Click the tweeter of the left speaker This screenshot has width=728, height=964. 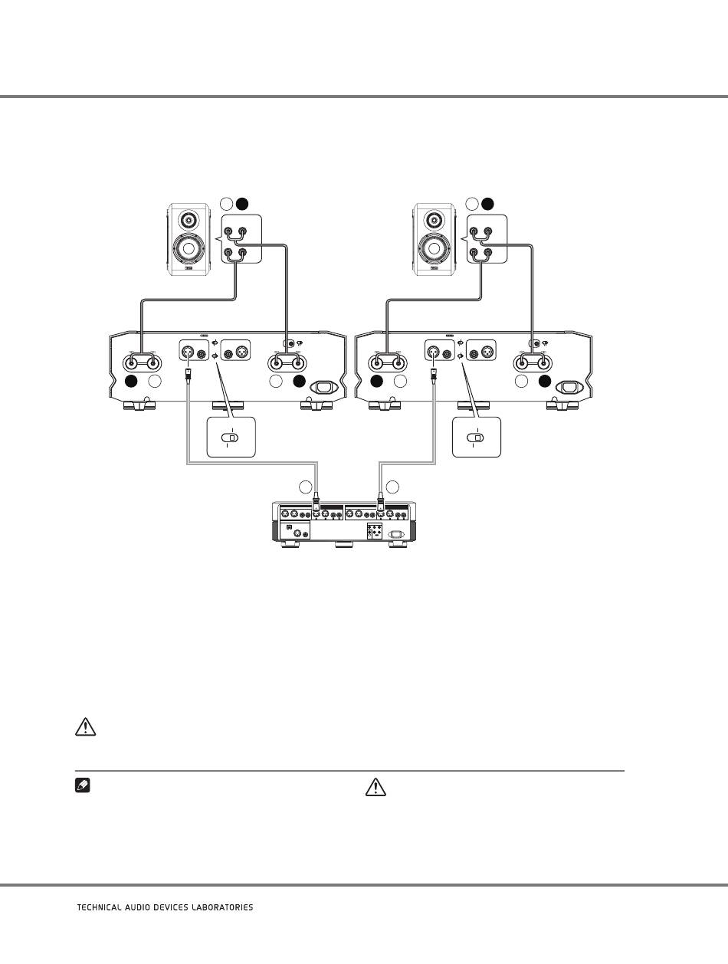pos(189,218)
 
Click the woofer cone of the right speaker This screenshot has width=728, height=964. pos(434,248)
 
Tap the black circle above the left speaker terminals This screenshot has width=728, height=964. pos(242,204)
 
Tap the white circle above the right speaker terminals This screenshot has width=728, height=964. pos(471,204)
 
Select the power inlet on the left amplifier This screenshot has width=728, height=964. pos(324,388)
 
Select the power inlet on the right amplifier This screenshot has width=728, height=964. pos(570,388)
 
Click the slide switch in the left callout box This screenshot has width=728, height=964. pos(230,438)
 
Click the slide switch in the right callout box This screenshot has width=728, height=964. pos(476,438)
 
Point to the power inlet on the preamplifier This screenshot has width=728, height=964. pos(395,534)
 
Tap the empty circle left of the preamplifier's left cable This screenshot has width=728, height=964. pos(306,487)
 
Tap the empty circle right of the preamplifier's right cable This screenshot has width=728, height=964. pos(392,487)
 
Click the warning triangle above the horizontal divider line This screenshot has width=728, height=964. pos(86,727)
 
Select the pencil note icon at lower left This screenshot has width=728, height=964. pos(83,786)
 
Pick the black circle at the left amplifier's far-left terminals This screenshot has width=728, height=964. pos(131,382)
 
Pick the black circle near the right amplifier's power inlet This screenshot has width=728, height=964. pos(545,382)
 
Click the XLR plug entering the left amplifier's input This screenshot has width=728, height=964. pos(188,375)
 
